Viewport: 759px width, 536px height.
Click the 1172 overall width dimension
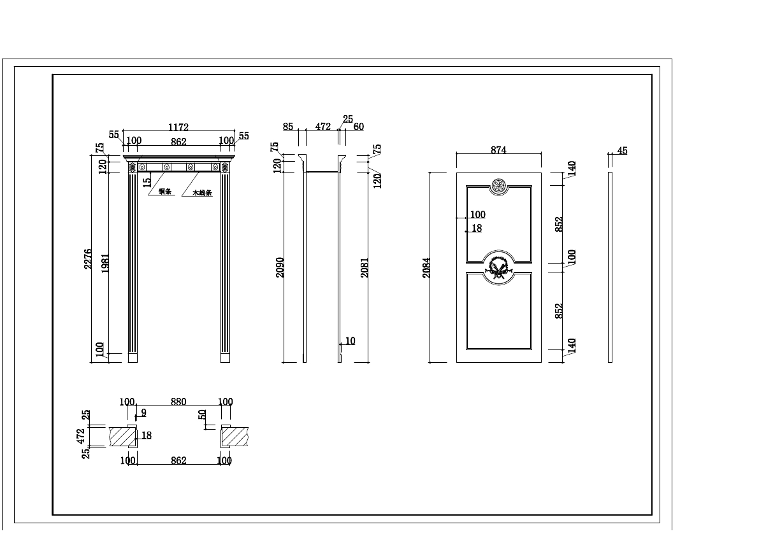[x=178, y=128]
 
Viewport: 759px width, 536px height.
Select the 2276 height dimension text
[x=88, y=259]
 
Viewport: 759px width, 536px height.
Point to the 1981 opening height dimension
[x=105, y=264]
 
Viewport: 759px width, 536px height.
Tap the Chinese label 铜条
[x=165, y=192]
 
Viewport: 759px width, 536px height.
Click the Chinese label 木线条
[x=202, y=193]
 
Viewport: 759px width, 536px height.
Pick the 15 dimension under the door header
[x=147, y=181]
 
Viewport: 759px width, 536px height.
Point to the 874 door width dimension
[x=498, y=151]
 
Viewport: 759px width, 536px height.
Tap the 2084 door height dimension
[x=426, y=267]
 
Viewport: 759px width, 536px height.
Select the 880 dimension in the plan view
[x=178, y=402]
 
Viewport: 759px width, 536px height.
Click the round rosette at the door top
[x=498, y=186]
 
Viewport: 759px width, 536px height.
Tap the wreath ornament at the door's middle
[x=498, y=267]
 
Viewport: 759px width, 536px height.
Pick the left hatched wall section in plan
[x=123, y=436]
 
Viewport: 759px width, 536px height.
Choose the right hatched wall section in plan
[x=233, y=436]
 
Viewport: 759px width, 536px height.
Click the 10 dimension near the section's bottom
[x=350, y=341]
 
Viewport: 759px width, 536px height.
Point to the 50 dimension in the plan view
[x=203, y=414]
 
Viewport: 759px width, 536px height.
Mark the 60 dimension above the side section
[x=359, y=127]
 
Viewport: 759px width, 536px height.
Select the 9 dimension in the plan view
[x=143, y=413]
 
